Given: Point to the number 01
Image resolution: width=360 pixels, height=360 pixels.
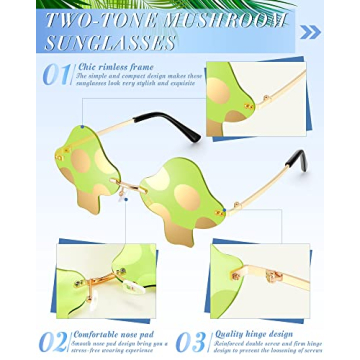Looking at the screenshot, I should coord(56,76).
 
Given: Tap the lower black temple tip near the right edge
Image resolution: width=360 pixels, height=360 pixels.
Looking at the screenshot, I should coord(296,160).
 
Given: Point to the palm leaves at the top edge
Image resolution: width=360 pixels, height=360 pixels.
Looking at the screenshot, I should coord(200,4).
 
